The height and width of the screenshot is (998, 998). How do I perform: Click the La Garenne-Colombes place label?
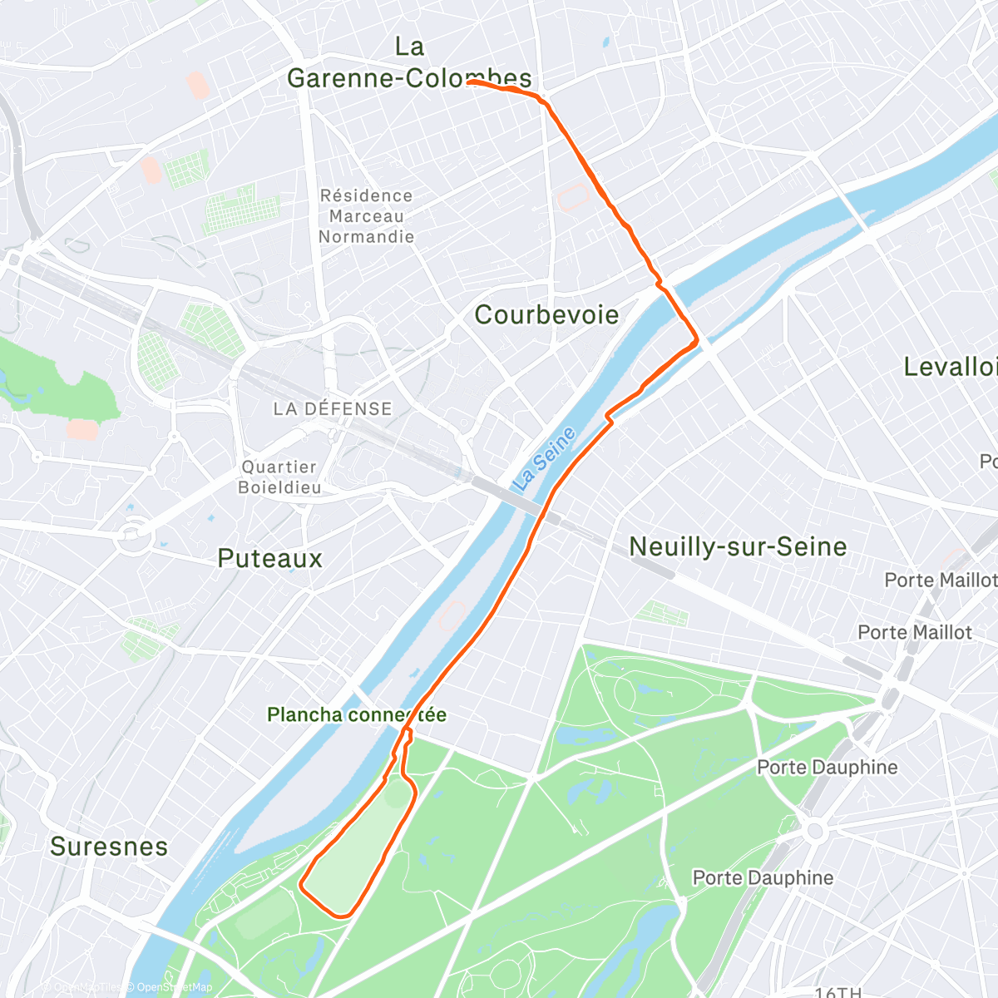(409, 63)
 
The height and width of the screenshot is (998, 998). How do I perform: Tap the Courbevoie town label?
(546, 315)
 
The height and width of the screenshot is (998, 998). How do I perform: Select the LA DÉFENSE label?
(333, 409)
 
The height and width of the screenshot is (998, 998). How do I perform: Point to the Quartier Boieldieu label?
(279, 477)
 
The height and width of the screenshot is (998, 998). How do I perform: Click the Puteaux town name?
(269, 558)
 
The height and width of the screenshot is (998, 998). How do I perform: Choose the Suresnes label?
(109, 847)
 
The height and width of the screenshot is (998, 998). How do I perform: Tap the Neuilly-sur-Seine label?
(738, 546)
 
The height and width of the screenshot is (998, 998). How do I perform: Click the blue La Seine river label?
(545, 458)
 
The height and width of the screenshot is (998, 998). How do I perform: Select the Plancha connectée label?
(356, 715)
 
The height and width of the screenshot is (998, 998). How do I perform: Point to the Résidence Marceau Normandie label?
(366, 216)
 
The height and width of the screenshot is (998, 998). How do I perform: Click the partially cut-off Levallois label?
(951, 367)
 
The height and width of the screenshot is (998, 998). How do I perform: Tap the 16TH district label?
(837, 991)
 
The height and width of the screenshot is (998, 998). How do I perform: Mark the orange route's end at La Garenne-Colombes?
(470, 82)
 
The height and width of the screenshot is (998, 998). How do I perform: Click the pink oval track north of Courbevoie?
(575, 198)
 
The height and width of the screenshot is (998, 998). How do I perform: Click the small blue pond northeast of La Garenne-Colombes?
(605, 41)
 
